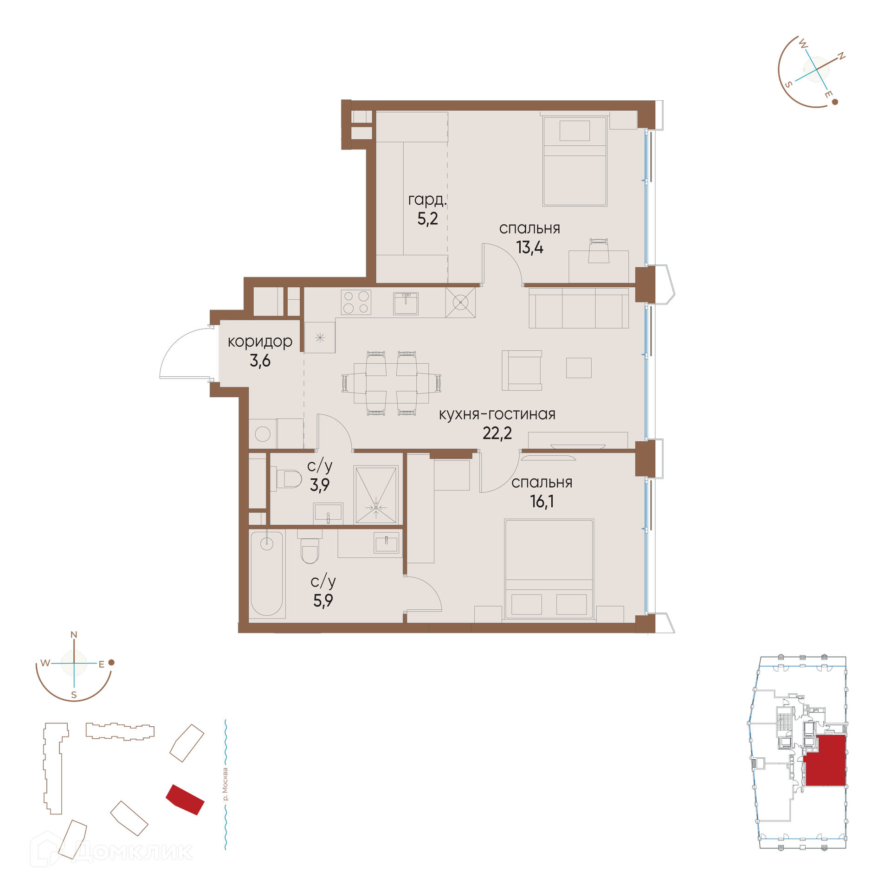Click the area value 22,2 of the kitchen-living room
click(x=497, y=433)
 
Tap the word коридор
click(x=260, y=342)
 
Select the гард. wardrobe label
click(x=427, y=200)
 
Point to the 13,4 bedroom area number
click(x=529, y=248)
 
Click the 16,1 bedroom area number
click(x=542, y=502)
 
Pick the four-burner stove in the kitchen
click(x=356, y=302)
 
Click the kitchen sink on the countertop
click(x=406, y=303)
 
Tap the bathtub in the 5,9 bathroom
click(x=267, y=574)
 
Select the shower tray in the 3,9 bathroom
click(x=376, y=495)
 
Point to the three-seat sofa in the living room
click(x=579, y=308)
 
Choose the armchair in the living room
click(x=522, y=370)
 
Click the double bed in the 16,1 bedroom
click(x=549, y=569)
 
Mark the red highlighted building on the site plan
click(x=185, y=800)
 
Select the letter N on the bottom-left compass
click(x=73, y=635)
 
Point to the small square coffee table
click(x=579, y=368)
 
